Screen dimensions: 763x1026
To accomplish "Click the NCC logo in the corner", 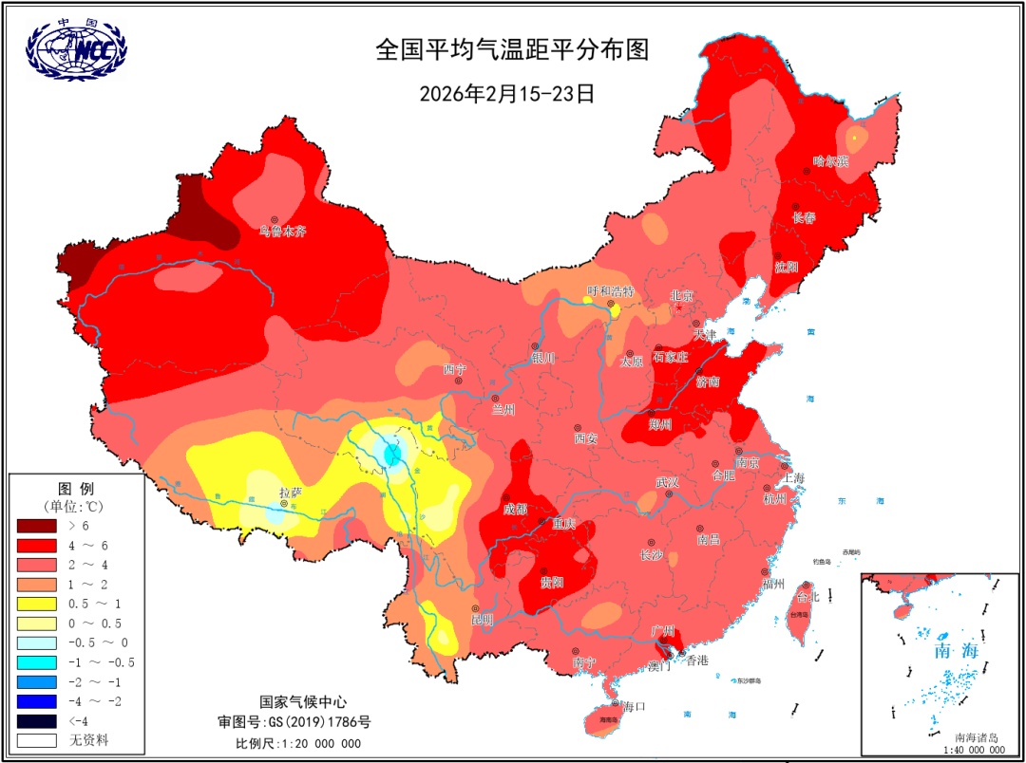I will pos(76,50).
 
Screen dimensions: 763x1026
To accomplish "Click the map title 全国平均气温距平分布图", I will pos(512,49).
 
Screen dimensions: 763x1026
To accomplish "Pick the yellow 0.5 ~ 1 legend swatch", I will pos(37,604).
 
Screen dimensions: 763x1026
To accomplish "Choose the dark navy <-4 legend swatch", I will pos(37,720).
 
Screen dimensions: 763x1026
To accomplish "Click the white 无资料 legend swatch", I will pos(37,739).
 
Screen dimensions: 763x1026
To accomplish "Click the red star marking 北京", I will pos(679,307).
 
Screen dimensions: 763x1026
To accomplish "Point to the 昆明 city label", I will pos(483,620).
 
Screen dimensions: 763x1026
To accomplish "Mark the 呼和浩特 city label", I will pos(610,291).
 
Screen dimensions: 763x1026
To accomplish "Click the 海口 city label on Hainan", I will pos(634,706).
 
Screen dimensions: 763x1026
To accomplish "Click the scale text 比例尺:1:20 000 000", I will pos(298,743).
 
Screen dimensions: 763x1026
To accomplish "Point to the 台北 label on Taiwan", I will pos(807,597).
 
